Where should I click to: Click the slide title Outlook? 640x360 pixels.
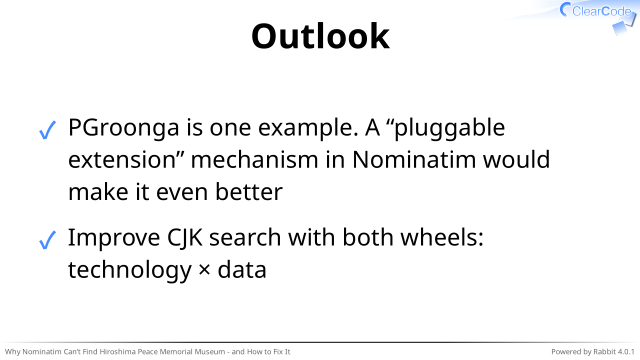pyautogui.click(x=320, y=36)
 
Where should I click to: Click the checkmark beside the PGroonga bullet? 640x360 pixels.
pyautogui.click(x=47, y=131)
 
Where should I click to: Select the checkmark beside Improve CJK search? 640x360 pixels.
pyautogui.click(x=47, y=240)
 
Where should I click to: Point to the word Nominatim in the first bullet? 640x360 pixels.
pyautogui.click(x=414, y=160)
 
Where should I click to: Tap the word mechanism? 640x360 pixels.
pyautogui.click(x=254, y=160)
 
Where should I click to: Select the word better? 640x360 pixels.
pyautogui.click(x=249, y=192)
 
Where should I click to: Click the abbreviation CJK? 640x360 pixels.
pyautogui.click(x=184, y=238)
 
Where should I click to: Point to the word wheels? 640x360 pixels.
pyautogui.click(x=442, y=237)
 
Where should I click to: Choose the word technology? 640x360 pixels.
pyautogui.click(x=129, y=271)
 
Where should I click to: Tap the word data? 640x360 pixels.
pyautogui.click(x=242, y=269)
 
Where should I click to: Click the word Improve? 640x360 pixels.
pyautogui.click(x=114, y=238)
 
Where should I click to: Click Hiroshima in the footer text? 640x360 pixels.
pyautogui.click(x=118, y=351)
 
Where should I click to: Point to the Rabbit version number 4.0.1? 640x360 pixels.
pyautogui.click(x=626, y=351)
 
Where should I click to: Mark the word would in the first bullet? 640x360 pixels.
pyautogui.click(x=517, y=160)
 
